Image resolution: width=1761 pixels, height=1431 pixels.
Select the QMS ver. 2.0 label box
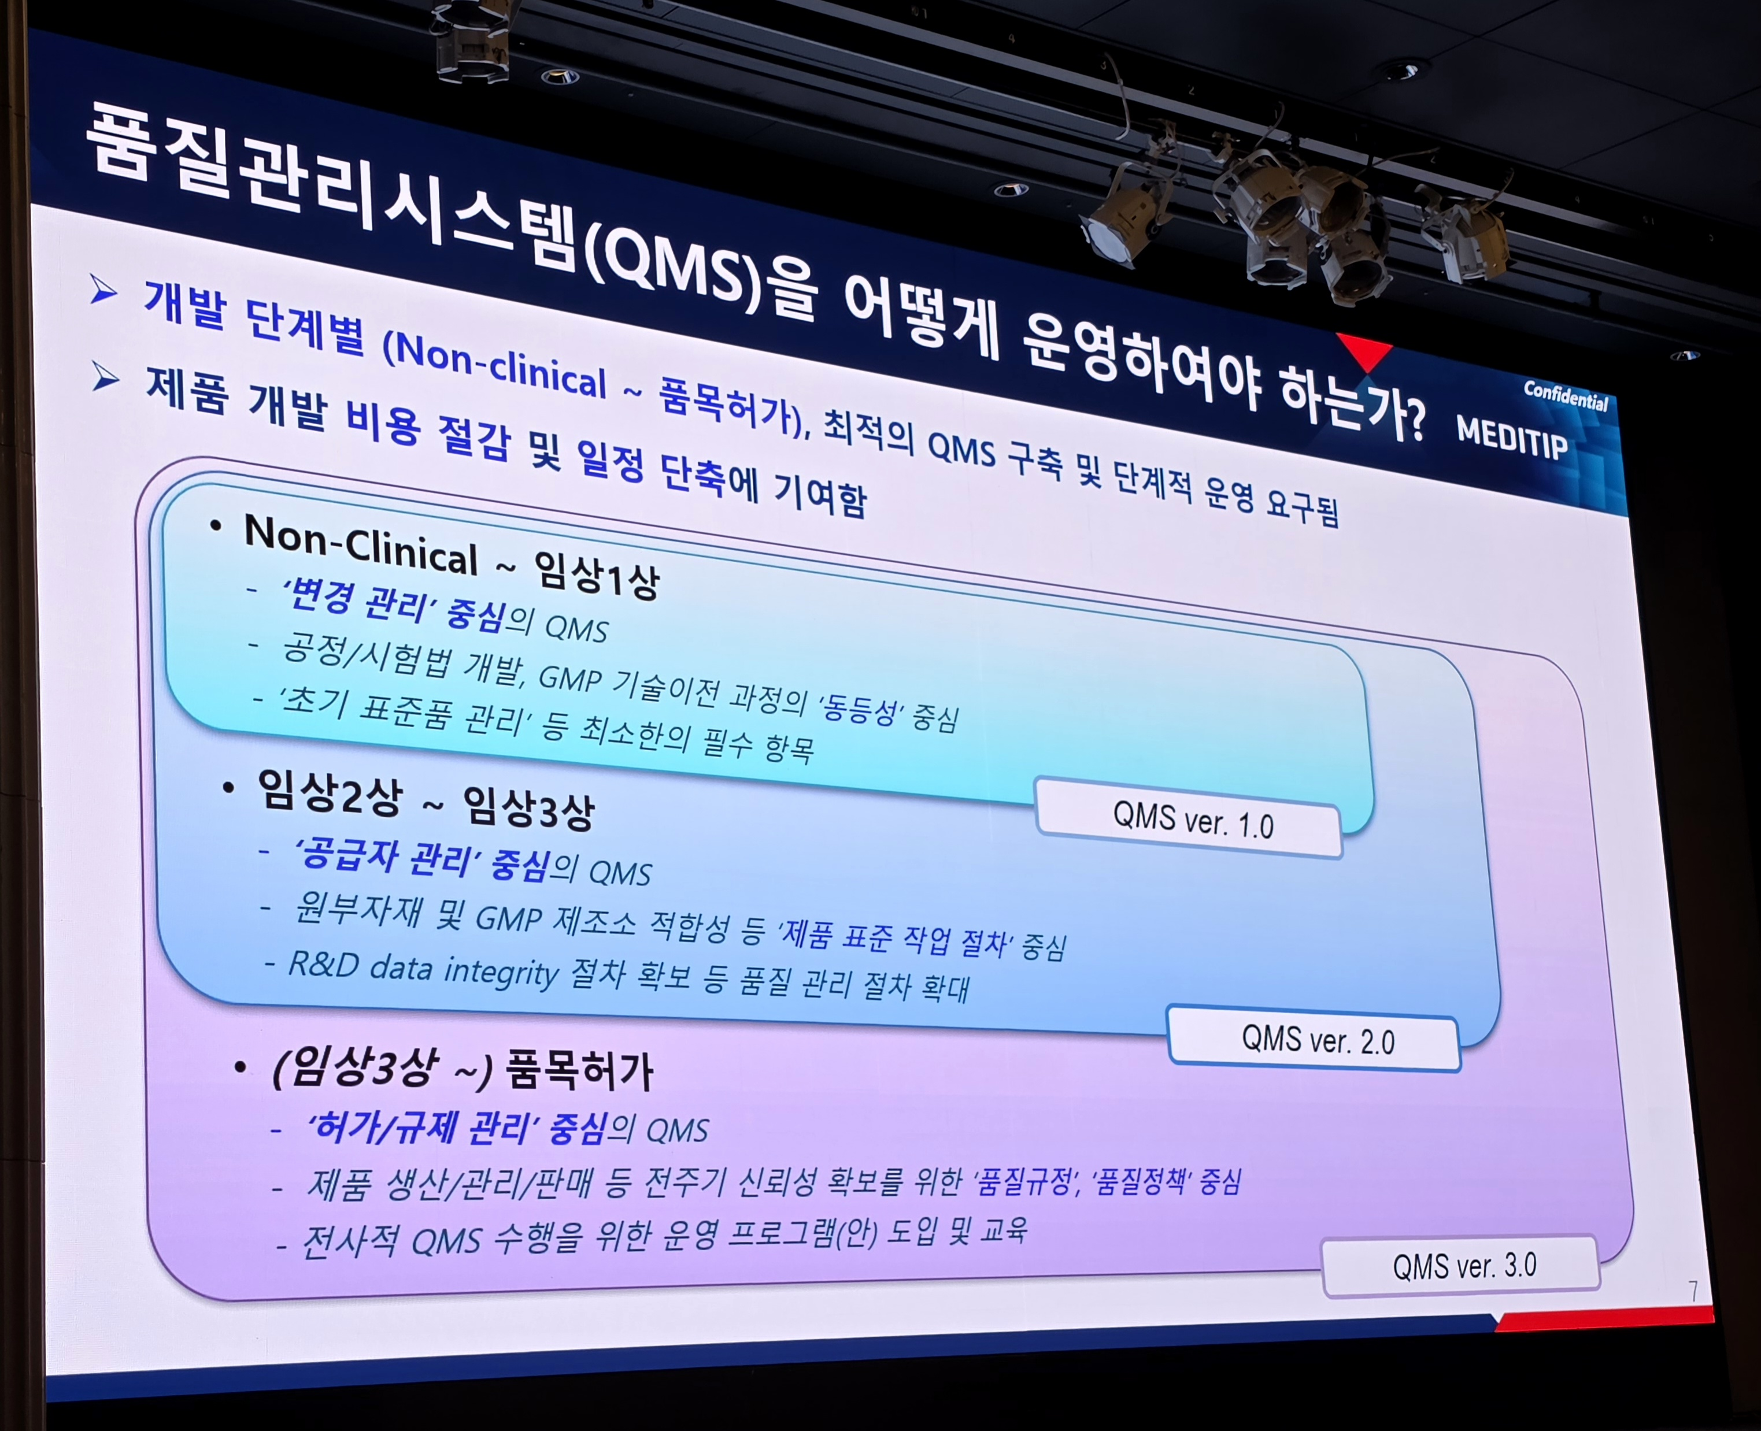tap(1314, 1039)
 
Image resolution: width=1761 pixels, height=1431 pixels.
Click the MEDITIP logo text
tap(1512, 438)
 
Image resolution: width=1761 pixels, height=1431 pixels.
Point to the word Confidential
tap(1566, 396)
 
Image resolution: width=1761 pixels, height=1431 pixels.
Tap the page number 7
tap(1693, 1291)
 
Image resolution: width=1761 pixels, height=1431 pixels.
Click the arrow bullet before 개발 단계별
tap(104, 290)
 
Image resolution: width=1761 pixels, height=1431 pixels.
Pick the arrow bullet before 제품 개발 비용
tap(106, 377)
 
